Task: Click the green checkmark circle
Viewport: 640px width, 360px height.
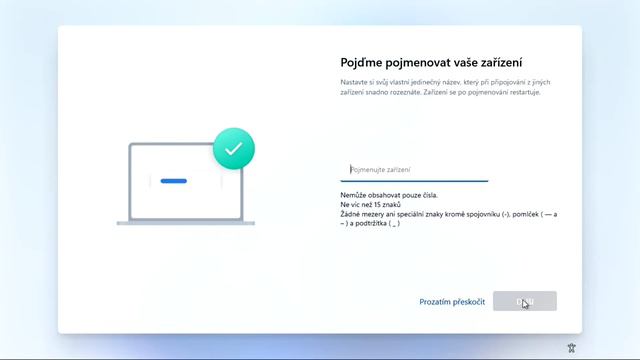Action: (x=234, y=148)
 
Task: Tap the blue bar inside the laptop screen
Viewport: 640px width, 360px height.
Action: (x=174, y=181)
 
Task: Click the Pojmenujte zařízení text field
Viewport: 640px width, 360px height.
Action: (x=414, y=170)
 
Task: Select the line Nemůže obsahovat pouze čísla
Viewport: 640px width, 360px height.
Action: (x=388, y=195)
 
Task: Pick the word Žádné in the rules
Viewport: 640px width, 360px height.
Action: (x=352, y=214)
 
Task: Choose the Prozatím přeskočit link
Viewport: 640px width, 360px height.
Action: (x=452, y=301)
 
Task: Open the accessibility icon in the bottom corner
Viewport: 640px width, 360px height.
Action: (x=571, y=347)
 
